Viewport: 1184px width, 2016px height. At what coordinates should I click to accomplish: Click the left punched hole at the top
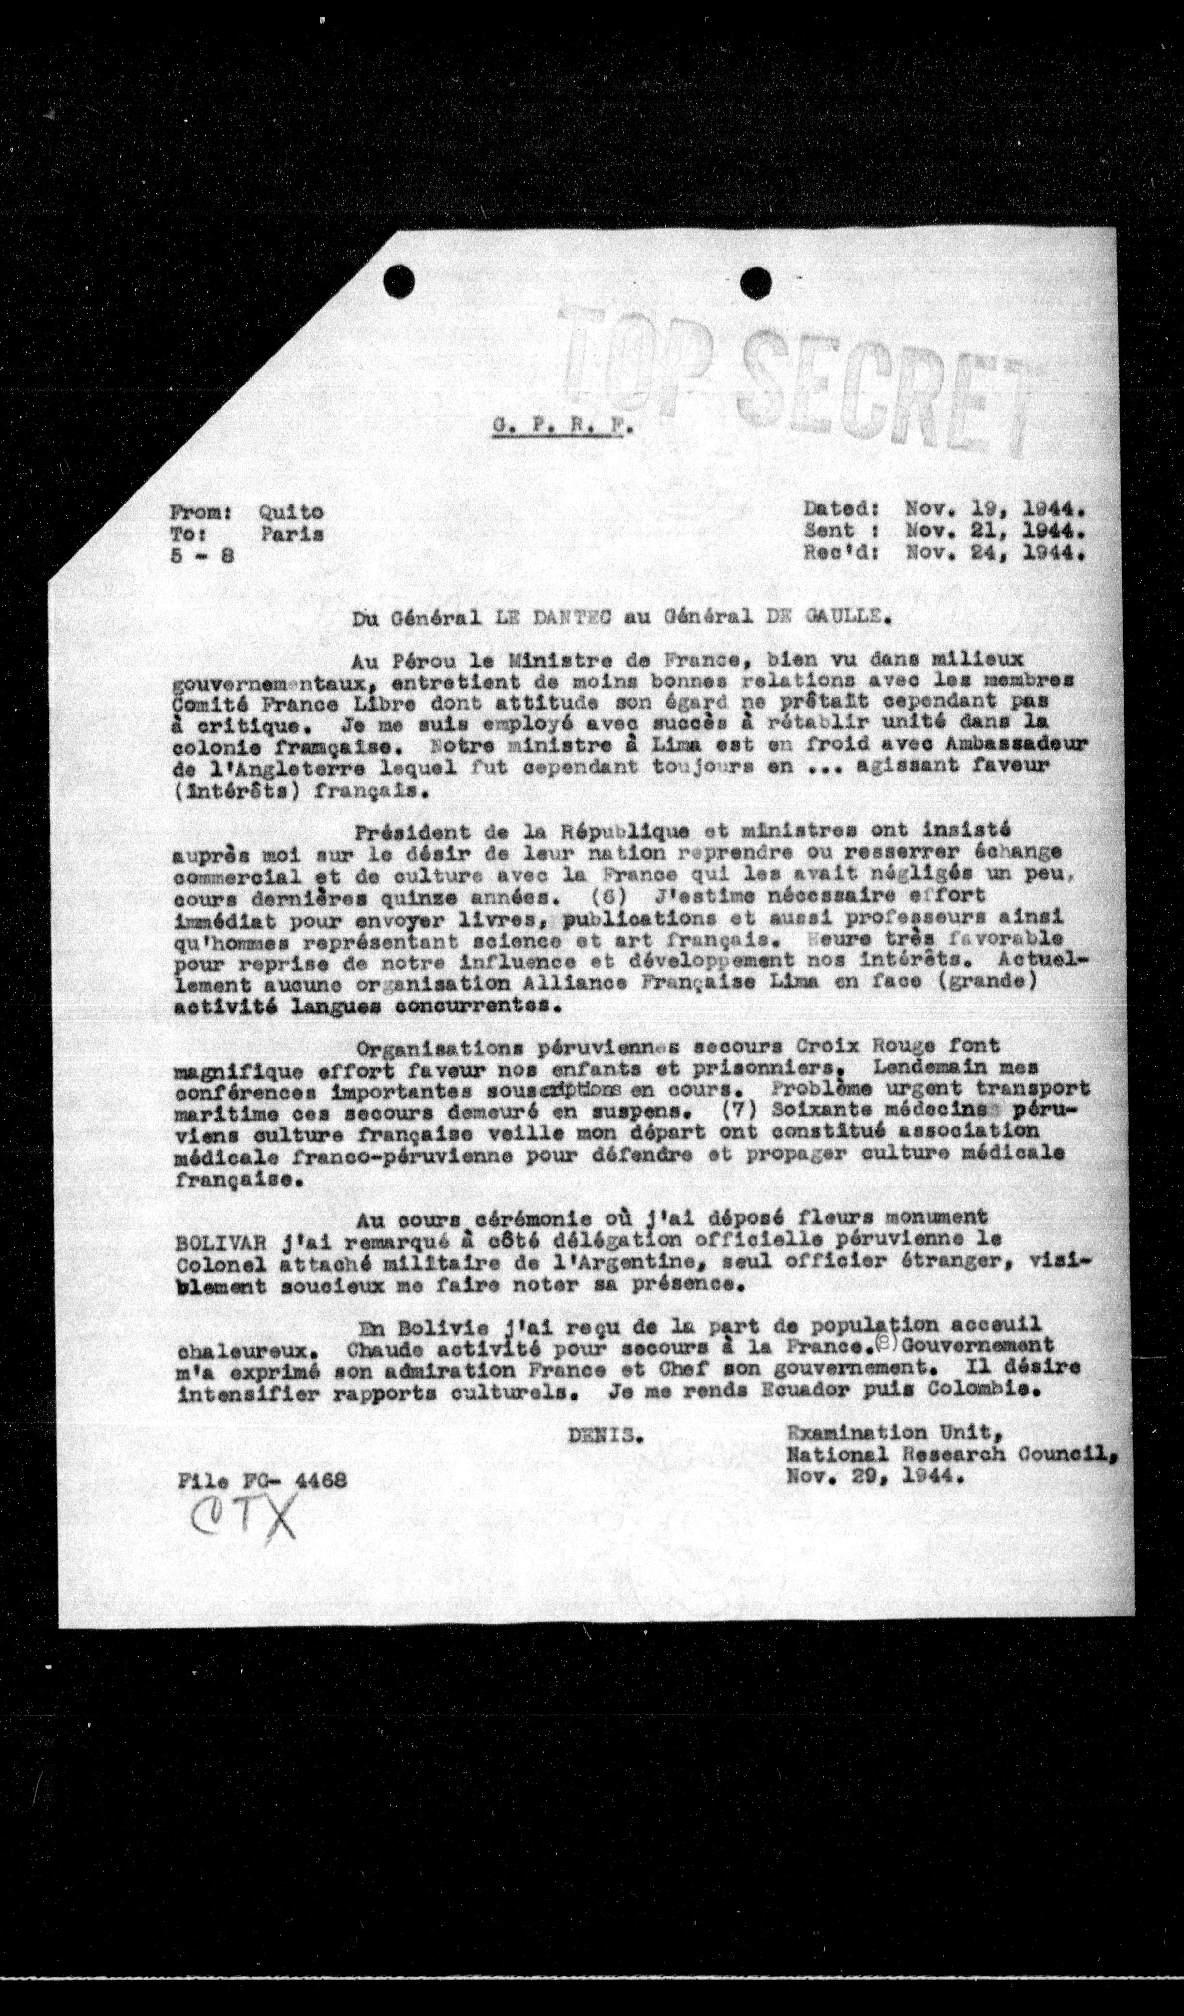tap(399, 281)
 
